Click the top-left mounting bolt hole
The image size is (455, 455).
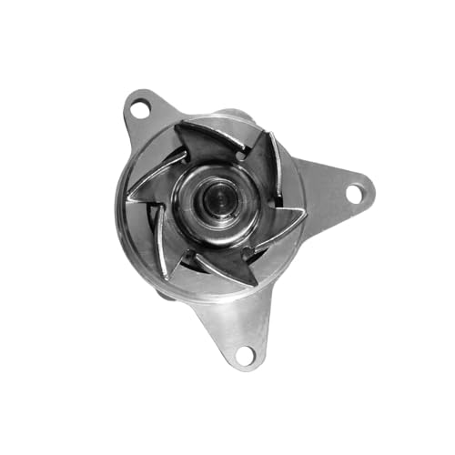tap(140, 109)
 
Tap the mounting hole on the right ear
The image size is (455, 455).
tap(354, 193)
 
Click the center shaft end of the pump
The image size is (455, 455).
tap(219, 199)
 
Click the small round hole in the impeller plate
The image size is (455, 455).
tap(239, 157)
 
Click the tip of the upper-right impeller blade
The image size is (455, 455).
tap(273, 133)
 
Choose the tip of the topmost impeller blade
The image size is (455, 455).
tap(178, 126)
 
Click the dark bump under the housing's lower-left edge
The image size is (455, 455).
tap(164, 294)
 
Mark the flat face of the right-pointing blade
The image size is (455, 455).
tap(278, 227)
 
